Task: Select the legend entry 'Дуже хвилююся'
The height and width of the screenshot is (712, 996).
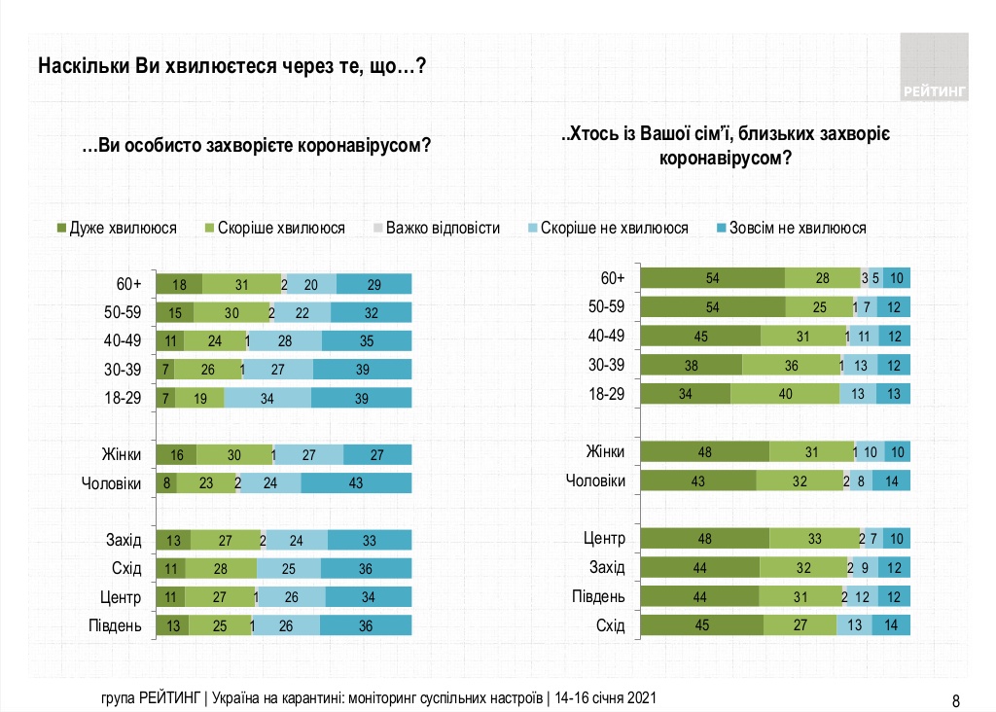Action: pos(116,229)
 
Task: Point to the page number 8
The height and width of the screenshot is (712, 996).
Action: pos(955,699)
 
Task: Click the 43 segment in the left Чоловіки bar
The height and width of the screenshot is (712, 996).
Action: pos(356,483)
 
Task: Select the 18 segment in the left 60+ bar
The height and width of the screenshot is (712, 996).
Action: pos(180,284)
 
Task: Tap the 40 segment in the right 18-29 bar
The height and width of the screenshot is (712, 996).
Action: pos(784,393)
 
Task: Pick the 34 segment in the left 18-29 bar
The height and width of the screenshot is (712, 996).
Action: pos(267,398)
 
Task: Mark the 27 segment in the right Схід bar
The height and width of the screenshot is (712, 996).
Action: pos(800,625)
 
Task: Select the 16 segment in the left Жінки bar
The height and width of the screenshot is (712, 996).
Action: pos(177,455)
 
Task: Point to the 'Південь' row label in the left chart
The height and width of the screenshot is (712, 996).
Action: pos(118,625)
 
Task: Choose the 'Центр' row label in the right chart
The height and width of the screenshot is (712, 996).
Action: pos(604,538)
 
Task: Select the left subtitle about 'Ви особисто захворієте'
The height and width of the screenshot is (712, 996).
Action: pos(257,147)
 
